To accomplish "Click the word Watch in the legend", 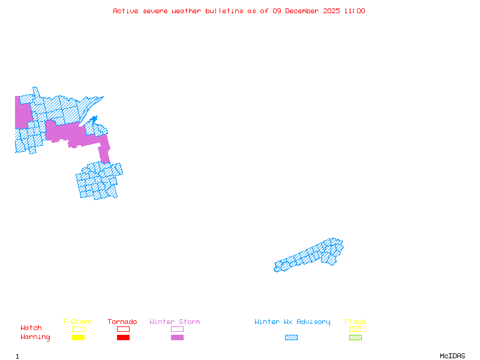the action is point(31,328).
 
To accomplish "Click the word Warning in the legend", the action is point(35,337).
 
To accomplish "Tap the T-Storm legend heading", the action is point(77,322).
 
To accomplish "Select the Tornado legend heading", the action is point(122,322).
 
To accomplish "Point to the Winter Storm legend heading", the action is point(175,322).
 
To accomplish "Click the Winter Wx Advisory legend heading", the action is point(292,322).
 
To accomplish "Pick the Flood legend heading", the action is point(355,322).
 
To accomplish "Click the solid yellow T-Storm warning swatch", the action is point(78,338).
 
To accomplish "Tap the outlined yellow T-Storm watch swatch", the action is point(78,329).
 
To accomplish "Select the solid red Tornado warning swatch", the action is point(123,338).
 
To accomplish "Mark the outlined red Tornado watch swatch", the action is point(123,329).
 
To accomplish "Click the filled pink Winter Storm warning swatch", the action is point(177,338).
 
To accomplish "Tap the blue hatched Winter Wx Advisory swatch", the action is point(291,338).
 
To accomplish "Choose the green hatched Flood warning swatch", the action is point(355,338).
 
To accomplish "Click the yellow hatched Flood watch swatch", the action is point(355,329).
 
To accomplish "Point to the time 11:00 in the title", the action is point(355,11).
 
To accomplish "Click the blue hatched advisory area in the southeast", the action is point(312,257).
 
